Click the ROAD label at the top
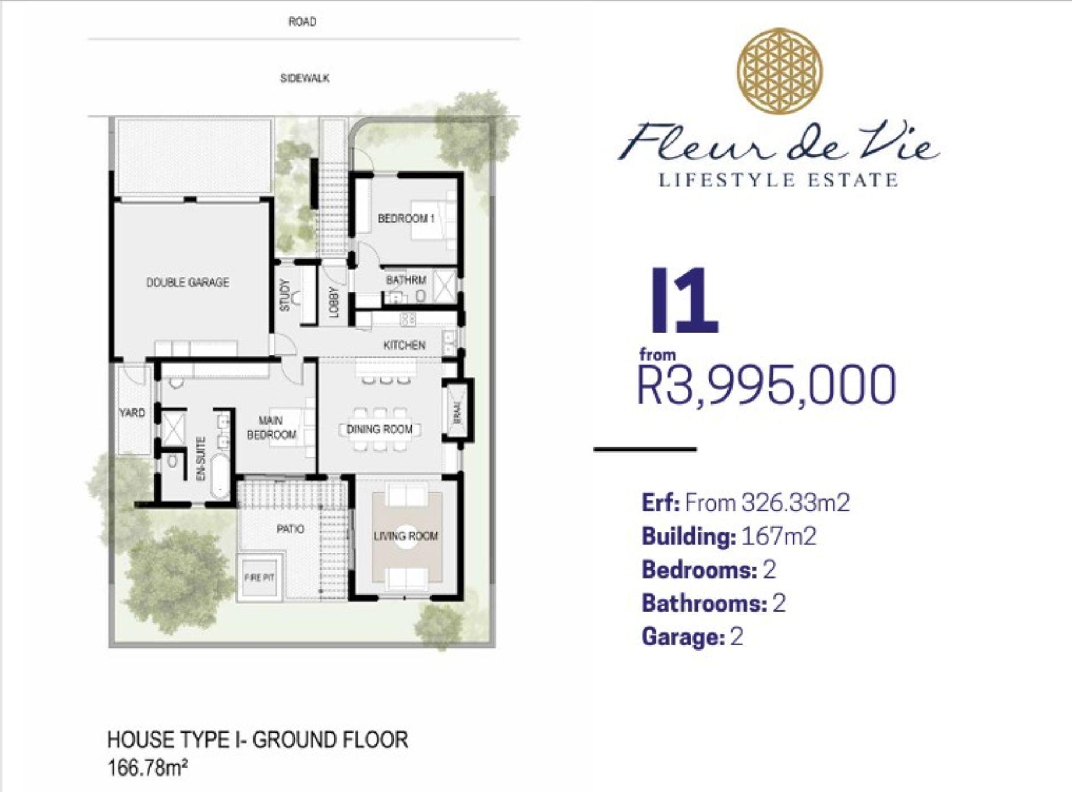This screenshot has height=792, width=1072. (x=302, y=22)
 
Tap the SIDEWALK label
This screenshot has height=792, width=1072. (x=305, y=78)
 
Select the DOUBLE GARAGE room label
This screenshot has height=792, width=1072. (x=188, y=282)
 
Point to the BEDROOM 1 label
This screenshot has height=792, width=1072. (x=406, y=218)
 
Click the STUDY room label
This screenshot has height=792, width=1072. (x=285, y=295)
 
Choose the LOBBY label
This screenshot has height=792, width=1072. (x=334, y=302)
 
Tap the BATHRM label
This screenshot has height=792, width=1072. (x=406, y=280)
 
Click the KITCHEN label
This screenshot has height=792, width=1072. (x=404, y=345)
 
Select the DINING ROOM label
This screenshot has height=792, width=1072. (x=380, y=429)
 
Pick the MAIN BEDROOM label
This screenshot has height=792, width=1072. (x=272, y=428)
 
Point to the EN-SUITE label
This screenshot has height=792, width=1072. (x=200, y=459)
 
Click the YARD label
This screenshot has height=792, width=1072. (x=132, y=413)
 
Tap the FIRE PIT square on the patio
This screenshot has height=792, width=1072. (x=259, y=578)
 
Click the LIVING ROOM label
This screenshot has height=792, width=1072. (x=406, y=536)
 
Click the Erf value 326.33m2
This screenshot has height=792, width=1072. (x=795, y=502)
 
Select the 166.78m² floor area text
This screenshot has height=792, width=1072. (x=147, y=769)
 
